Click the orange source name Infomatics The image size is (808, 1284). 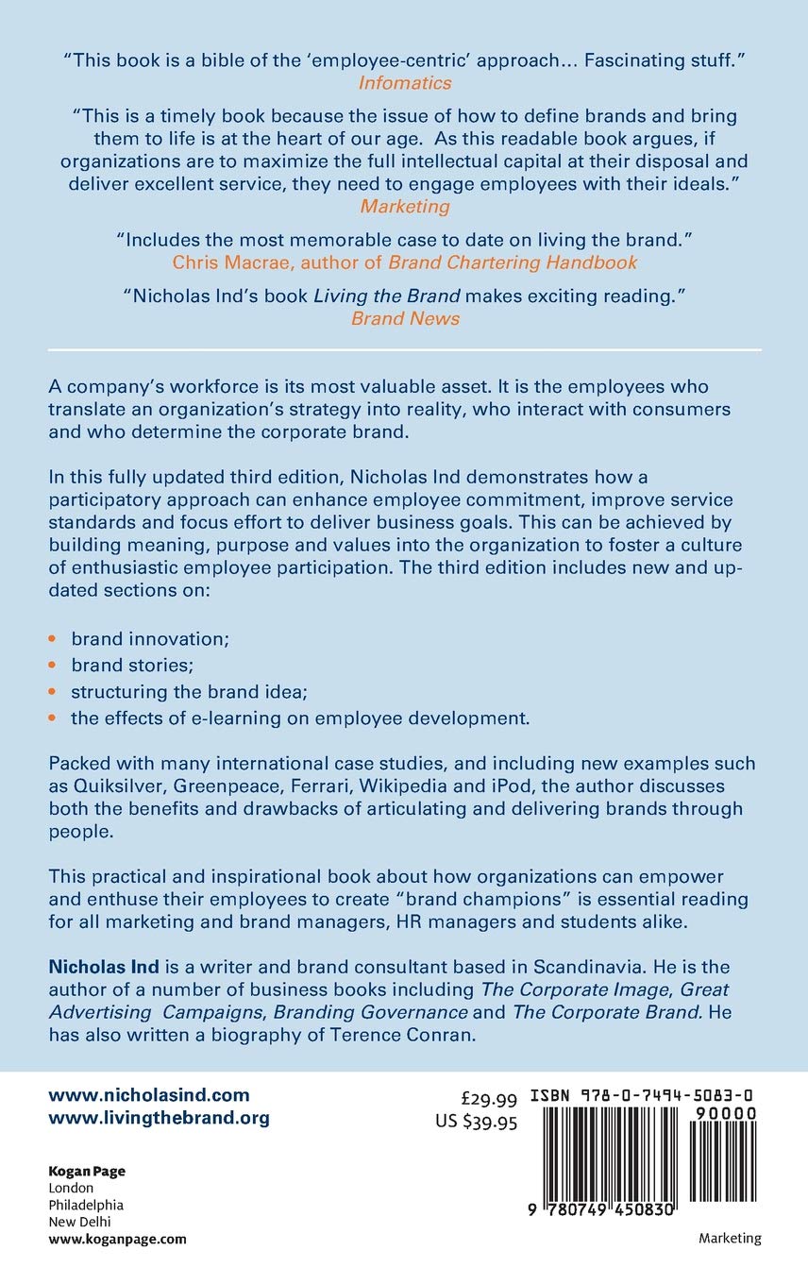(x=404, y=82)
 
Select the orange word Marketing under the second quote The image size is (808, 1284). (x=404, y=206)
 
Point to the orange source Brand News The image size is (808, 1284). (x=405, y=318)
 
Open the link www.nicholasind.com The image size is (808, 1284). (x=149, y=1095)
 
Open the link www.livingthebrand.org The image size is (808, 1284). (x=159, y=1118)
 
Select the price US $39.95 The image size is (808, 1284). (x=476, y=1122)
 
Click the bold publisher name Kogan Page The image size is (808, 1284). (x=86, y=1171)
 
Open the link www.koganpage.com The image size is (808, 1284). (x=117, y=1239)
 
